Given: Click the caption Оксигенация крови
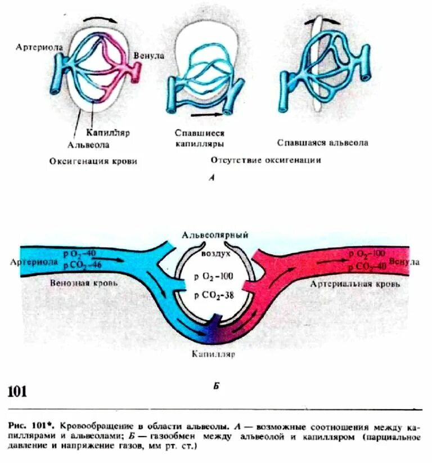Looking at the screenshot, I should coord(92,161).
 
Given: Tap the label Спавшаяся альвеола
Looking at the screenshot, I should coord(323,142).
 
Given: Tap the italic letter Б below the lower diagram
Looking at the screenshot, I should coord(215,387).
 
